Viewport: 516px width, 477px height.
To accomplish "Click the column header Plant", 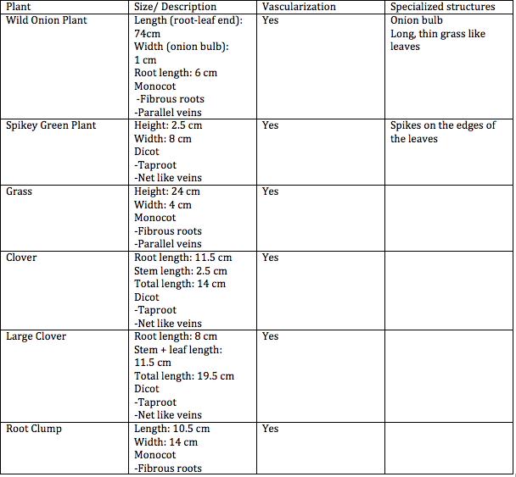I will tap(19, 7).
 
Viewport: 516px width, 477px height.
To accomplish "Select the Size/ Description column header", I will tap(176, 7).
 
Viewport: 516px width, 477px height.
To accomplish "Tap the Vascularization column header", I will tap(299, 7).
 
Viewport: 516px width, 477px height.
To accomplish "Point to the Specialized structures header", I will tap(442, 7).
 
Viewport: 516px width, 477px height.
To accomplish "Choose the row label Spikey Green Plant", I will tap(51, 125).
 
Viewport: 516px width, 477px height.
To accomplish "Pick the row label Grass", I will tap(20, 191).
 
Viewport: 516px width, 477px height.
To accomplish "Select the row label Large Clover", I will tap(36, 336).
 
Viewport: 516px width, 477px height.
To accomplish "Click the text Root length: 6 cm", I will tap(176, 73).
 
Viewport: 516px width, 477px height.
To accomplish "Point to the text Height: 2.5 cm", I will tap(168, 125).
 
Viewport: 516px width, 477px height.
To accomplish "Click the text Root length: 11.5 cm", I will tap(183, 258).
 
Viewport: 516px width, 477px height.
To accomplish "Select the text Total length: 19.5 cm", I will tap(184, 376).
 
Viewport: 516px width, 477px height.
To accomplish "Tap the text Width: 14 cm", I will tap(166, 442).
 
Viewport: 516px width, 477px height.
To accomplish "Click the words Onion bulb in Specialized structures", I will tap(417, 19).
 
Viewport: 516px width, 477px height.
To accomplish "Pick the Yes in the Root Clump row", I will tap(270, 429).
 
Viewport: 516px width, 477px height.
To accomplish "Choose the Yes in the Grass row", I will tap(270, 191).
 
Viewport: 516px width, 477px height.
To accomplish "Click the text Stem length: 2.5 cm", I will tap(181, 271).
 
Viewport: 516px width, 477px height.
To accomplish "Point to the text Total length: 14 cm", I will tap(180, 284).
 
